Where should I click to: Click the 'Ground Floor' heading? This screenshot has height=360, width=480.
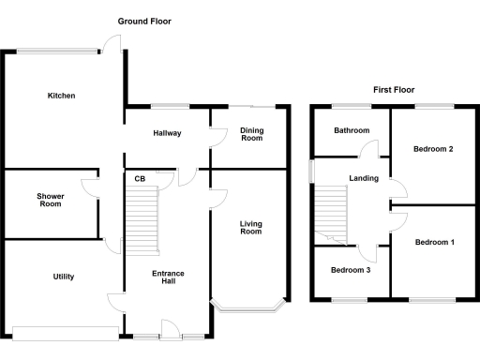tap(144, 21)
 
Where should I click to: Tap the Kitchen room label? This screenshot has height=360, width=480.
tap(62, 96)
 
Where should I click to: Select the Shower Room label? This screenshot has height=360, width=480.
tap(50, 201)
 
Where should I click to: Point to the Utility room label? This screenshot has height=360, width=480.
tap(62, 277)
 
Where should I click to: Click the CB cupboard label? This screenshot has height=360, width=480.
tap(139, 179)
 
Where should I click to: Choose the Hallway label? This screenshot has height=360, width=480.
tap(167, 133)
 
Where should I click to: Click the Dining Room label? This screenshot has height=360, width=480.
tap(251, 134)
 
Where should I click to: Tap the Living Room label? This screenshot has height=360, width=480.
tap(250, 227)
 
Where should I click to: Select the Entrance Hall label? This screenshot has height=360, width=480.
tap(169, 278)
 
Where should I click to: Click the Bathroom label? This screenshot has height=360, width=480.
tap(352, 131)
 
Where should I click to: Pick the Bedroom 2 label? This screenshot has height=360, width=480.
tap(433, 149)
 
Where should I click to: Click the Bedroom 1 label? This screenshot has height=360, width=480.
tap(434, 243)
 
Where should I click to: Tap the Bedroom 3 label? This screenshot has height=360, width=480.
tap(351, 271)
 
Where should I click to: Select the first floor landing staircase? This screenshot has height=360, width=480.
tap(330, 211)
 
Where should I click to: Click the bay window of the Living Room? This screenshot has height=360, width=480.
tap(248, 306)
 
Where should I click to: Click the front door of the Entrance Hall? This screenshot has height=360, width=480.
tap(171, 330)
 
